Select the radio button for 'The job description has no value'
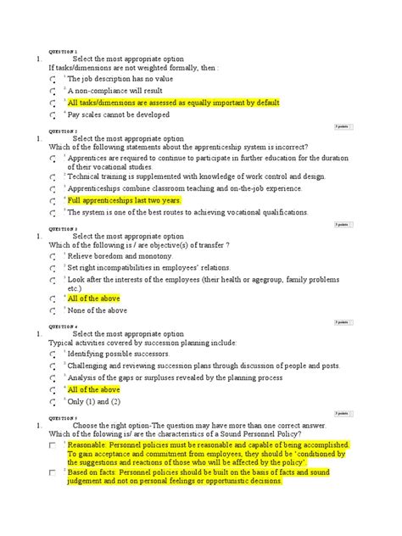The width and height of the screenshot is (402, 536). click(53, 78)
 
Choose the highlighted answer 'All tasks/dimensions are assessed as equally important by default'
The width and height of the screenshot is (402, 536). click(174, 103)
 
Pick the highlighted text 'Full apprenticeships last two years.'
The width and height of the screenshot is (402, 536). click(124, 200)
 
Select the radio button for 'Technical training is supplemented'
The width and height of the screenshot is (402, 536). click(53, 177)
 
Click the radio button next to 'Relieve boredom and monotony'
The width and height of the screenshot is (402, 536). click(53, 255)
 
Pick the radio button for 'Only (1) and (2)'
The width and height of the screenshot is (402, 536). click(53, 402)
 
